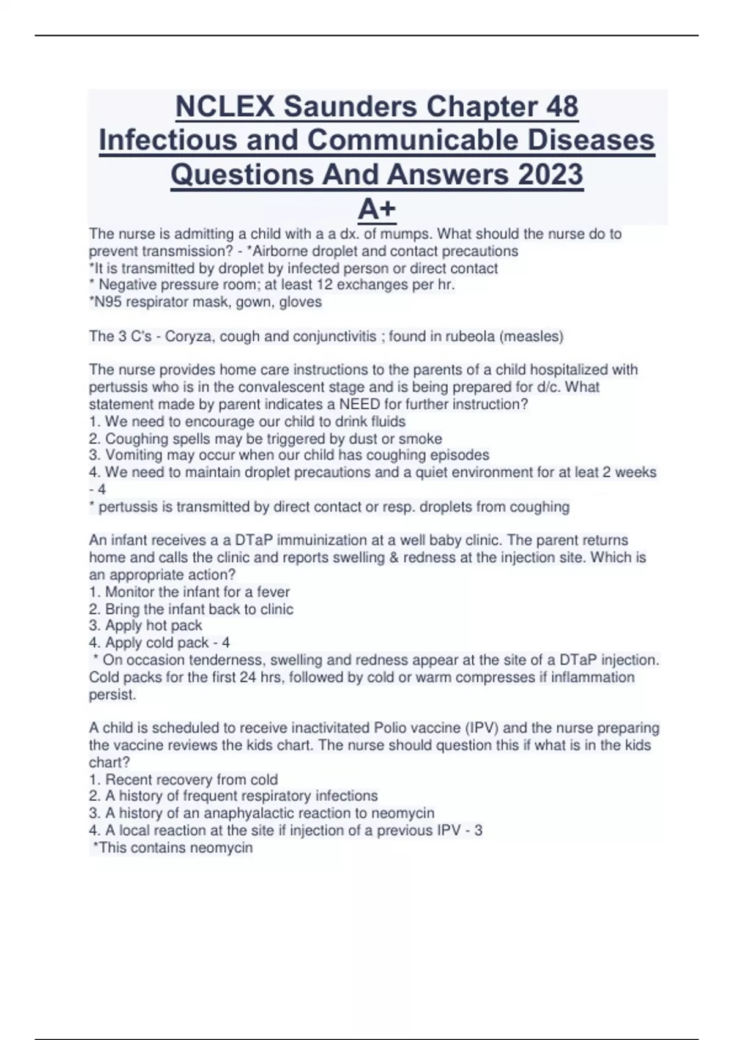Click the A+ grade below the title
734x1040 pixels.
(x=377, y=209)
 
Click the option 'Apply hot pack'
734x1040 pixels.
(x=153, y=626)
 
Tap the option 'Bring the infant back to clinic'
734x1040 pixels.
(x=199, y=609)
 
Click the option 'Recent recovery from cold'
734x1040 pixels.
(x=191, y=779)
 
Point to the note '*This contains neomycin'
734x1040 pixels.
(x=172, y=848)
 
